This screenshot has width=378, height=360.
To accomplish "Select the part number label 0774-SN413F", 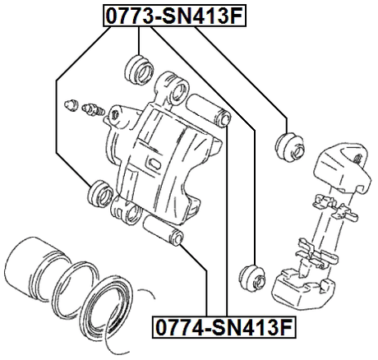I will [223, 330].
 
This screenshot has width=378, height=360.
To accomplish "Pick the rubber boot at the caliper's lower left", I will [99, 193].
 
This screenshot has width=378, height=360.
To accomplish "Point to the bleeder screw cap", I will [71, 104].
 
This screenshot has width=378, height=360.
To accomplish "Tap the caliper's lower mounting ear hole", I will [122, 206].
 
